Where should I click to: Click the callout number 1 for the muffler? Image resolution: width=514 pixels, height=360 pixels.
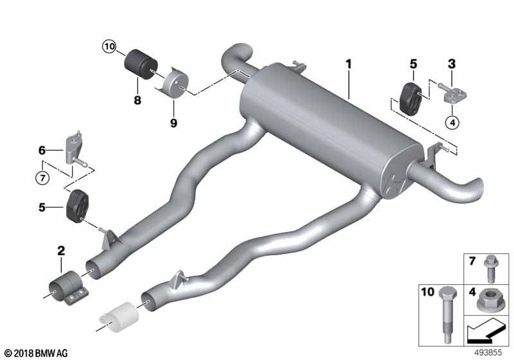point(349,64)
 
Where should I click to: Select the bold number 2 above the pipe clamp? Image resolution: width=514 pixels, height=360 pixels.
point(61,251)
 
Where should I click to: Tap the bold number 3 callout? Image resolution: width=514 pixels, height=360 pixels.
point(452,64)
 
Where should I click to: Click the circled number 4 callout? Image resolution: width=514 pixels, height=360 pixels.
point(452,123)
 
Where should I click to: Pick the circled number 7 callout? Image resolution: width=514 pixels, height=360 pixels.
point(42,178)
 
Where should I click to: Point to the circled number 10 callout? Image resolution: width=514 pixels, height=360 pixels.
point(109,46)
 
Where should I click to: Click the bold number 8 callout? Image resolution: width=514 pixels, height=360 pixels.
point(137,100)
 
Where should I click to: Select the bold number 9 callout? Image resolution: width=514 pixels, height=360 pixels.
point(173,123)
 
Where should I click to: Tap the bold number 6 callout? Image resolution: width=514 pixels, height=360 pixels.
point(42,150)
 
